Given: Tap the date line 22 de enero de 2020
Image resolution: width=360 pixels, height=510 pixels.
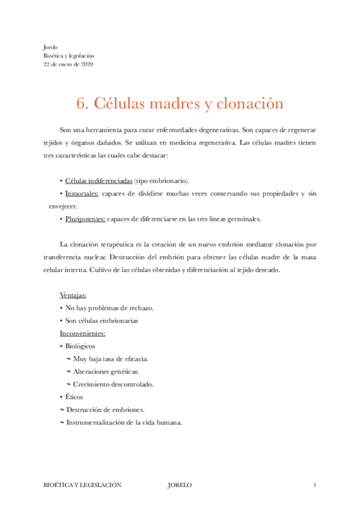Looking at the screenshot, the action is pyautogui.click(x=69, y=64).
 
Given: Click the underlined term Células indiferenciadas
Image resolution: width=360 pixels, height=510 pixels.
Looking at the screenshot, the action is pyautogui.click(x=99, y=180).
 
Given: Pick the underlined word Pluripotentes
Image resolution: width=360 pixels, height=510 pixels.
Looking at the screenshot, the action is pyautogui.click(x=85, y=219).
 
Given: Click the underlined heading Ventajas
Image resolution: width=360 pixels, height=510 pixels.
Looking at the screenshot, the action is pyautogui.click(x=73, y=295).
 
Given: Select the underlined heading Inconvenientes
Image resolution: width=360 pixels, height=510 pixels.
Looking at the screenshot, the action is pyautogui.click(x=83, y=333).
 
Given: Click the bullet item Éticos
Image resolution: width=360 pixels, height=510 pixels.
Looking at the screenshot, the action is pyautogui.click(x=75, y=397).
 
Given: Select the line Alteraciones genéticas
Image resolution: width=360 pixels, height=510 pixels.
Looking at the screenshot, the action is pyautogui.click(x=106, y=372).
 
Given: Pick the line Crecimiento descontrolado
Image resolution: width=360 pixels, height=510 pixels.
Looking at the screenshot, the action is pyautogui.click(x=113, y=384).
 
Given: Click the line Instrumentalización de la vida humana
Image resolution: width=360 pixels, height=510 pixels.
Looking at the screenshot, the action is pyautogui.click(x=124, y=422).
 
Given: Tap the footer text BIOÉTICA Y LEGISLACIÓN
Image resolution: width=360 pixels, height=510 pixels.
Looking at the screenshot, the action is pyautogui.click(x=83, y=485).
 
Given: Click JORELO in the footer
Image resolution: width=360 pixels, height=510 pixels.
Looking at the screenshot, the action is pyautogui.click(x=180, y=485).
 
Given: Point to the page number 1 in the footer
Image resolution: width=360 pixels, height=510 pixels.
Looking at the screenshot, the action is pyautogui.click(x=314, y=485).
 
